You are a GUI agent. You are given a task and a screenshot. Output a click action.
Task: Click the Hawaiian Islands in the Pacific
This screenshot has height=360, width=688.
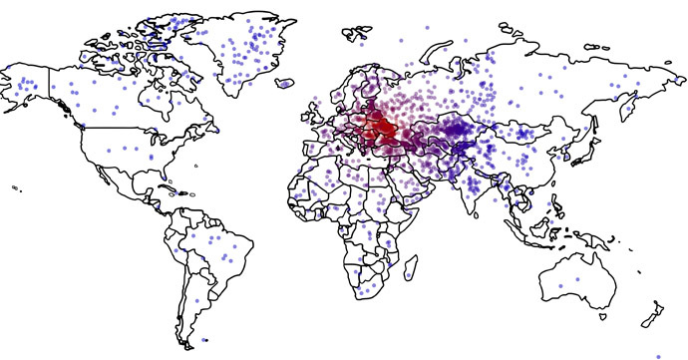17,187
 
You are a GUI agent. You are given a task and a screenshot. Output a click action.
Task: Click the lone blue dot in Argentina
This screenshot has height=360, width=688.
197,299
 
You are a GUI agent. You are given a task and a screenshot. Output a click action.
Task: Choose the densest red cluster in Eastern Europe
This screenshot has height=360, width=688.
383,127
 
